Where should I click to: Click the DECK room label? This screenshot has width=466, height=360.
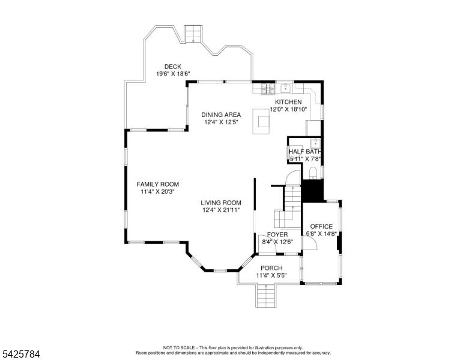tap(173, 67)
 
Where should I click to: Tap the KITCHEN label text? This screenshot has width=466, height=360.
tap(288, 102)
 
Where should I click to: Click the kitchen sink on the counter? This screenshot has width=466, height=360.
tap(286, 88)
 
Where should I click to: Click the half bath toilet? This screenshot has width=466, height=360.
tap(312, 173)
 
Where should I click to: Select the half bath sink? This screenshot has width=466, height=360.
tap(315, 143)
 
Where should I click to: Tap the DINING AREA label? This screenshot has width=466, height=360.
tap(221, 115)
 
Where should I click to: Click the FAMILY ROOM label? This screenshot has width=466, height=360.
tap(157, 184)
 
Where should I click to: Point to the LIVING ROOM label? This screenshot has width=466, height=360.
tap(221, 203)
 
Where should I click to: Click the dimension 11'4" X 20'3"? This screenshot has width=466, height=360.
tap(157, 192)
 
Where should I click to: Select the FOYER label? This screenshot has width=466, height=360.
tap(277, 234)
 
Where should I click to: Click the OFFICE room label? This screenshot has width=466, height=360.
tap(321, 226)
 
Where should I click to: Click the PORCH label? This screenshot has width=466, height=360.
tap(271, 268)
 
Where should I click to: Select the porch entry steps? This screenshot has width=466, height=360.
tap(265, 296)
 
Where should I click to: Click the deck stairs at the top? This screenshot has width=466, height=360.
tap(193, 34)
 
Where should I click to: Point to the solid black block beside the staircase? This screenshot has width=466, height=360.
tap(312, 191)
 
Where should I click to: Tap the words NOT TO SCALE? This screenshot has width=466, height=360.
tap(181, 347)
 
